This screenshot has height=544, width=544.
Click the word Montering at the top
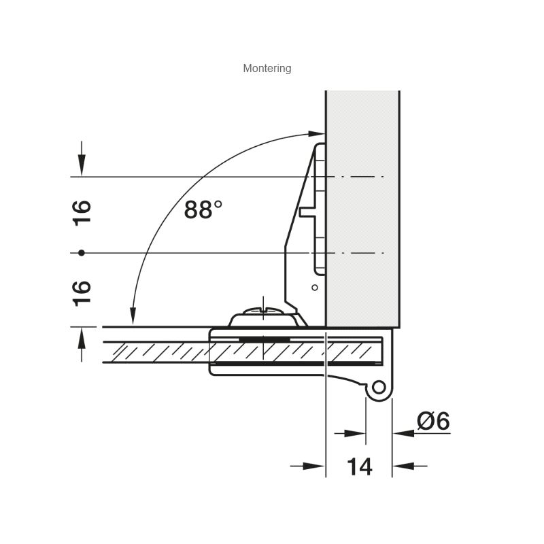(267, 69)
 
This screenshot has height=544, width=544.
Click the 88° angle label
(203, 209)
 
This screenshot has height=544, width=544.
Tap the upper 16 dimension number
(82, 214)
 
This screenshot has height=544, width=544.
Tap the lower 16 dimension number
(82, 294)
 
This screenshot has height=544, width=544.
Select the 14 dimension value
(360, 466)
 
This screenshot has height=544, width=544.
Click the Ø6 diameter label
(433, 421)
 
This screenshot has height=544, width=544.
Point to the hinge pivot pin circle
(379, 387)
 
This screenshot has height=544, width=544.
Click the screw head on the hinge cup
(264, 311)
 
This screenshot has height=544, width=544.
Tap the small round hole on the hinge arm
(315, 288)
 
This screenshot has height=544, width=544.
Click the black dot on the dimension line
(82, 253)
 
